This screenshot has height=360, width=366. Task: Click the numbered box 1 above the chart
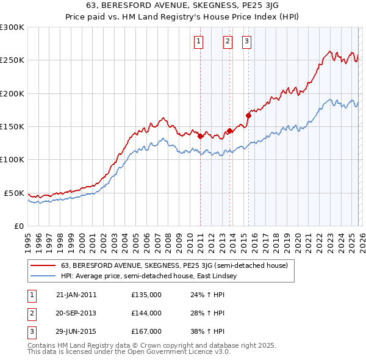pos(199,41)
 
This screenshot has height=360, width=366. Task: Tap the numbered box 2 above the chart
pos(228,41)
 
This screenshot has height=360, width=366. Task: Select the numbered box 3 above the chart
pos(246,41)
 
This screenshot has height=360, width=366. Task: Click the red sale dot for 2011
pos(200,136)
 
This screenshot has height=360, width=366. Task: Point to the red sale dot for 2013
pos(229,131)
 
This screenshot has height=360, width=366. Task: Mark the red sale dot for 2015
pos(248,115)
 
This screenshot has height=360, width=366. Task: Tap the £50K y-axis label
pos(15,193)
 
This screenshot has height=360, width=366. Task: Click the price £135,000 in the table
pos(146,295)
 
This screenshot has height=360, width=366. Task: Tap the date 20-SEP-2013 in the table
pos(76,313)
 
